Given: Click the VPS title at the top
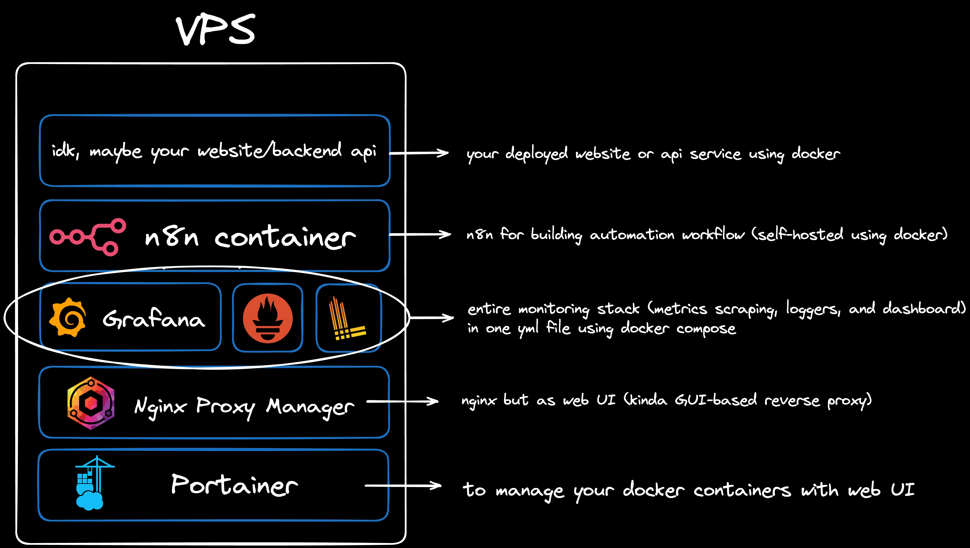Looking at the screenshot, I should tap(216, 30).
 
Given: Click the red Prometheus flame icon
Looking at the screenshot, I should tap(268, 318).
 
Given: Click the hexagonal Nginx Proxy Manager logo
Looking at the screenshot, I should tap(91, 403).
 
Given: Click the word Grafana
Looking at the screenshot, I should tap(154, 319).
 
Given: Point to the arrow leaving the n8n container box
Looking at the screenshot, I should tap(420, 235).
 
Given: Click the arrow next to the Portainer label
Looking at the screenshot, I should tap(403, 486).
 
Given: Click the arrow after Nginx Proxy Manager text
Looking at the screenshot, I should tap(402, 401).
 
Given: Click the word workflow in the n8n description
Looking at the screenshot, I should tap(713, 235).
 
